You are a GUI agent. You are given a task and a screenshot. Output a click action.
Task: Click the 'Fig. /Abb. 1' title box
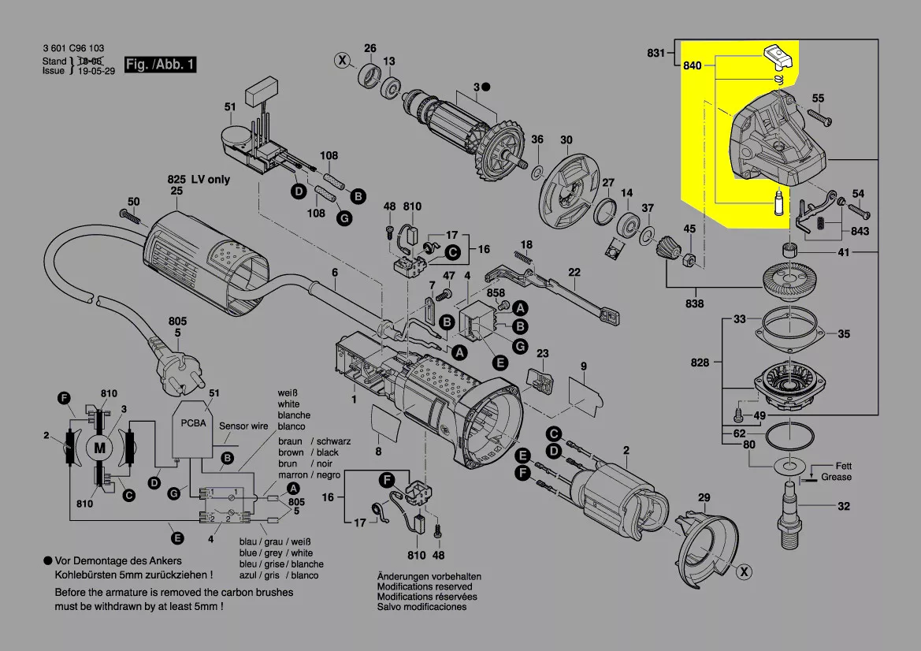click(x=161, y=65)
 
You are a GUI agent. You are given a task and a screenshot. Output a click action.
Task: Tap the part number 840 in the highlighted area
click(x=692, y=66)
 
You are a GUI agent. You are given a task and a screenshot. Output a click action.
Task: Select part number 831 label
click(x=655, y=53)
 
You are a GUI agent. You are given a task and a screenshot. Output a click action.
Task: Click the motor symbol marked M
click(x=100, y=448)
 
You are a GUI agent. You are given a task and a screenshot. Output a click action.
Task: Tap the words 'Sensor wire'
click(x=244, y=426)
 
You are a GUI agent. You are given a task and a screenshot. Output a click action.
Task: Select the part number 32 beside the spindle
click(x=843, y=506)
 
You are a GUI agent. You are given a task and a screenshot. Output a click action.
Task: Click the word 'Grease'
click(x=836, y=477)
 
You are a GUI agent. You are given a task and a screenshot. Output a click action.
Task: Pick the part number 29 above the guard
click(x=704, y=497)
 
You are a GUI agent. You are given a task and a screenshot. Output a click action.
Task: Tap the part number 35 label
click(x=843, y=334)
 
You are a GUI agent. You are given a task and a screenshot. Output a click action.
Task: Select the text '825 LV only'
click(x=199, y=180)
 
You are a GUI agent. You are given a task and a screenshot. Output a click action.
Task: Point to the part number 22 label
click(x=574, y=273)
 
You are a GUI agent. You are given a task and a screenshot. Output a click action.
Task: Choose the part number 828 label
click(x=700, y=363)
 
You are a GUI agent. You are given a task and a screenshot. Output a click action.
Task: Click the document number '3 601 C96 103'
click(x=73, y=49)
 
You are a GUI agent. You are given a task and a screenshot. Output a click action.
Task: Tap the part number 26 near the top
click(x=370, y=49)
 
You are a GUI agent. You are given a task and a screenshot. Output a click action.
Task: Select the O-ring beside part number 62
click(x=790, y=435)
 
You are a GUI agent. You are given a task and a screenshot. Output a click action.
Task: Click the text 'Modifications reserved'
click(x=425, y=586)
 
